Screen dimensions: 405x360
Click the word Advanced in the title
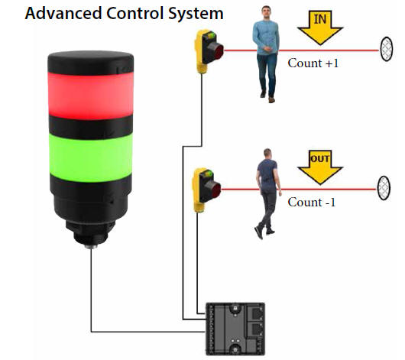(63, 13)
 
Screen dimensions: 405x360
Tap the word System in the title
(196, 15)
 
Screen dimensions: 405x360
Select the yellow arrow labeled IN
(320, 28)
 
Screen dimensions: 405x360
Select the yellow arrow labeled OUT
(320, 167)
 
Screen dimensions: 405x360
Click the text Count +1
(313, 63)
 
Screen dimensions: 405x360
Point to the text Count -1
(312, 202)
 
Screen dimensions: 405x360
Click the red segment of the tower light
(91, 96)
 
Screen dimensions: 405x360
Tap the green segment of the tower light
(91, 157)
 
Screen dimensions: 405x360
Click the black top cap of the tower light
(91, 63)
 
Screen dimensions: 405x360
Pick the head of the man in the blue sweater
(266, 12)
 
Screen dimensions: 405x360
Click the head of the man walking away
(267, 154)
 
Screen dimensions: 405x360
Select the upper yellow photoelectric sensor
(208, 51)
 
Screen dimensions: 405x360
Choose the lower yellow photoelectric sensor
(206, 190)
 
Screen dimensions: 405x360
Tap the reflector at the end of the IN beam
(387, 49)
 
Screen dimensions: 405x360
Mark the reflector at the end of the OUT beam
(384, 188)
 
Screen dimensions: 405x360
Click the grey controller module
(235, 329)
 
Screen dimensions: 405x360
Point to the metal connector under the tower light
(91, 247)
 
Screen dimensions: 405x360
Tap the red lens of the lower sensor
(215, 190)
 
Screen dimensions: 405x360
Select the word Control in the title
(134, 13)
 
